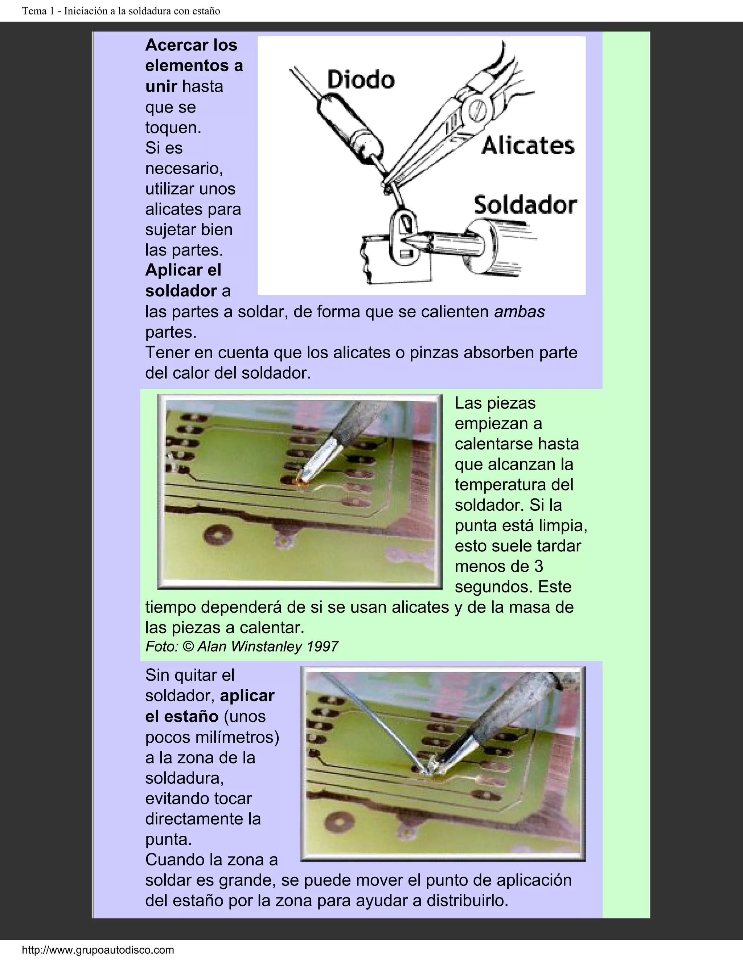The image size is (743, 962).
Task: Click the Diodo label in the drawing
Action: tap(361, 81)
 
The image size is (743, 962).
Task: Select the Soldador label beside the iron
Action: tap(525, 205)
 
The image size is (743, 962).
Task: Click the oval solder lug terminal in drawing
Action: tap(405, 238)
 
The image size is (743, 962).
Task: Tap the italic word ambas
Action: tap(520, 312)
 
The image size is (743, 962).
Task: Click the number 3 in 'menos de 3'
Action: tap(538, 566)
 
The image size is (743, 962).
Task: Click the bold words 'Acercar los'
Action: tap(191, 45)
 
